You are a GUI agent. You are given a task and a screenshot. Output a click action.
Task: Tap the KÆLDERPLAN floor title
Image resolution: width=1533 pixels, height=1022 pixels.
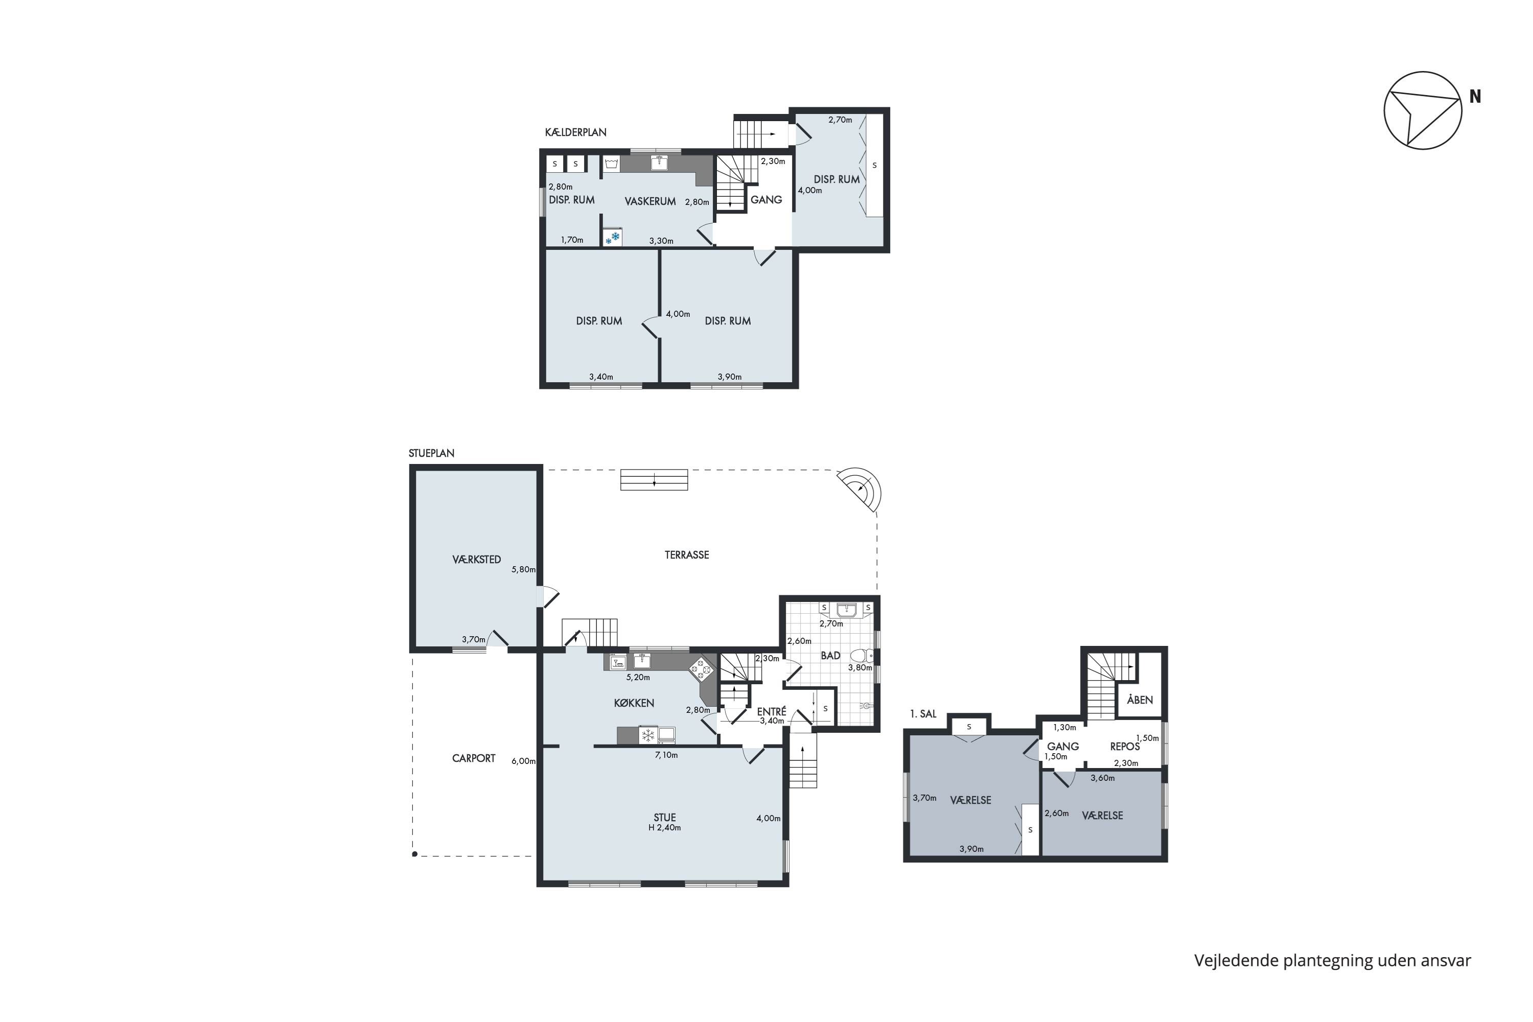pos(575,132)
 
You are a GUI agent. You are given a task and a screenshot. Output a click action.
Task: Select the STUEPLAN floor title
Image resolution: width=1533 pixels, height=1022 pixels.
pos(431,453)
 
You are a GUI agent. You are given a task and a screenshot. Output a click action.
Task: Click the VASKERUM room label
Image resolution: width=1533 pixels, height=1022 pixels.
pos(650,201)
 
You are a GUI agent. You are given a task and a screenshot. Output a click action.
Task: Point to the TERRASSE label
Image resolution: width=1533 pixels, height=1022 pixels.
pos(686,554)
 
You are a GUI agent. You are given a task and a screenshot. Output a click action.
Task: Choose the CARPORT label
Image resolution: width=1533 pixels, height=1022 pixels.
pos(474,758)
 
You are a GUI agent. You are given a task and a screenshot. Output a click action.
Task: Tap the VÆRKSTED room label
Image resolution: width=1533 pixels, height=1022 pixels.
pos(476,559)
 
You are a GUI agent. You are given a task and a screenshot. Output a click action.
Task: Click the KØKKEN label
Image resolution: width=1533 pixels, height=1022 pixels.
pos(634,703)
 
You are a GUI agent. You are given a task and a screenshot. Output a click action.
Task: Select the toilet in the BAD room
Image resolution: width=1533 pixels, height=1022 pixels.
pos(861,655)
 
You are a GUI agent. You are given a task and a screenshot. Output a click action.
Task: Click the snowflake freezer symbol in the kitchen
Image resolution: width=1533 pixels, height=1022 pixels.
pos(648,735)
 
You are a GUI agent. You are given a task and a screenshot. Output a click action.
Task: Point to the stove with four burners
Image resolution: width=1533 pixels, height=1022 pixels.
pos(701,669)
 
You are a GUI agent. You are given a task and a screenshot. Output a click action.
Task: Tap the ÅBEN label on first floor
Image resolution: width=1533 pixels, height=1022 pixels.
pos(1140,700)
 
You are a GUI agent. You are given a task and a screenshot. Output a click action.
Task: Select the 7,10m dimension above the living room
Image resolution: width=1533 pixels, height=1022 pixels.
pos(666,755)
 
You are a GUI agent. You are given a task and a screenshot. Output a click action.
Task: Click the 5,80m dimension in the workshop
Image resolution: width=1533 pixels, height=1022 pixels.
pos(523,569)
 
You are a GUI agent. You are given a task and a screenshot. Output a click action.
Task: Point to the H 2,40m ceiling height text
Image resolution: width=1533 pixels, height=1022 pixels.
pos(665,828)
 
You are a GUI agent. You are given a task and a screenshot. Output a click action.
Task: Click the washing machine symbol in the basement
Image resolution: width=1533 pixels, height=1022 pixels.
pos(611,164)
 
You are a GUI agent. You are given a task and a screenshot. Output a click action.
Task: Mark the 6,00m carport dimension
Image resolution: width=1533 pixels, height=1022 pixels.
pos(523,761)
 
